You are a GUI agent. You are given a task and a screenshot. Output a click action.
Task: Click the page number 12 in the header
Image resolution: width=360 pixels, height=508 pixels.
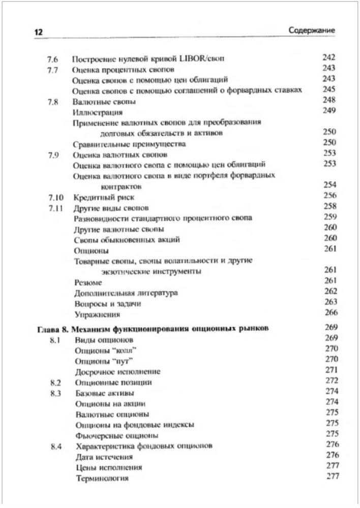tap(38, 31)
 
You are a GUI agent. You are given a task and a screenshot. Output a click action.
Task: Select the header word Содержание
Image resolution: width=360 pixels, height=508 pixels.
tap(311, 30)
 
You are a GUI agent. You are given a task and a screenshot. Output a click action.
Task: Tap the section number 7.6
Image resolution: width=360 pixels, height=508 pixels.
tap(52, 59)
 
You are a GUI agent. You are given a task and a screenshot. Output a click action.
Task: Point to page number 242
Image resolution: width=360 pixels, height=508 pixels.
tap(329, 58)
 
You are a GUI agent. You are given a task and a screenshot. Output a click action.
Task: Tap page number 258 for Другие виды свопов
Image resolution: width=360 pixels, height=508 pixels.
tap(330, 206)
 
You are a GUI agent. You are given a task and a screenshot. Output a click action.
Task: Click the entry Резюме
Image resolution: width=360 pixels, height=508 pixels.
tap(88, 282)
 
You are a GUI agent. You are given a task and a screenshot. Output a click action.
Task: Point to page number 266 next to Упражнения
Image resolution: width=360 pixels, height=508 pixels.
tap(331, 313)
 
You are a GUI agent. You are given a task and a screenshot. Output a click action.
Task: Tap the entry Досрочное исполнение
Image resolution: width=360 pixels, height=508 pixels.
tap(117, 372)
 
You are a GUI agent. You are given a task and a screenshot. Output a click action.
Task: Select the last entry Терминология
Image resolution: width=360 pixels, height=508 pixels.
tap(102, 478)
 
